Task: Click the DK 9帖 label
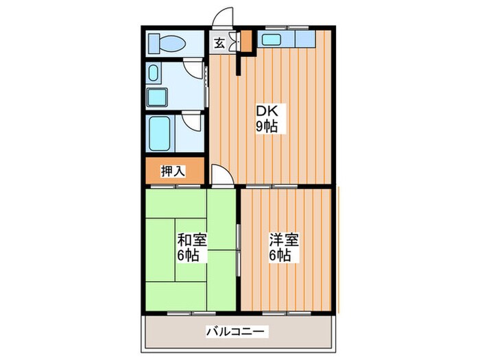[x=267, y=119]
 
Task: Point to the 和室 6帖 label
[x=192, y=248]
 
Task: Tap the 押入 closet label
[x=172, y=171]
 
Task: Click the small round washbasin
[x=153, y=72]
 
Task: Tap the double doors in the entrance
[x=233, y=42]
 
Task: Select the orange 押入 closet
[x=174, y=171]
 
